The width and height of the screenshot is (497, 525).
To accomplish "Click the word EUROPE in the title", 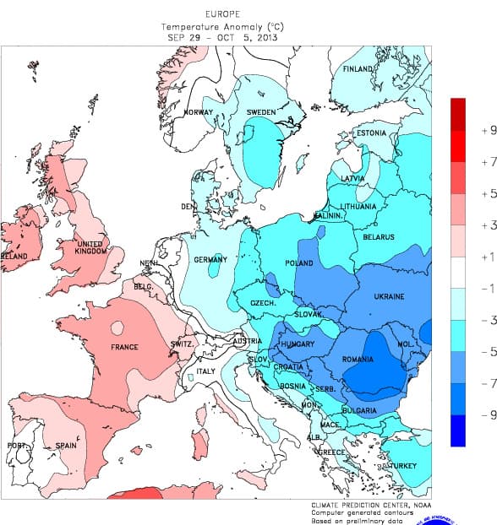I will (x=221, y=14).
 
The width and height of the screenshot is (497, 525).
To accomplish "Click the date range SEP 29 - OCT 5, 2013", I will (x=221, y=36).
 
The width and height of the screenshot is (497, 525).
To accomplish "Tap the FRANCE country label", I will (x=124, y=347).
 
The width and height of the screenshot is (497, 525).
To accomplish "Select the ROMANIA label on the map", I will (x=358, y=360).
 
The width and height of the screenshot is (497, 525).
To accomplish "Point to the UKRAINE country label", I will (x=389, y=296).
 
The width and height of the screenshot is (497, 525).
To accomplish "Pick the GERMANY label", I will (x=210, y=259).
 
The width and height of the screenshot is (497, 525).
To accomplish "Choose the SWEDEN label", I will (x=261, y=111).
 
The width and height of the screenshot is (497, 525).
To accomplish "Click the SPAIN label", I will (x=66, y=445).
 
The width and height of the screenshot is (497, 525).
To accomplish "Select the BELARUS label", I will (x=379, y=237).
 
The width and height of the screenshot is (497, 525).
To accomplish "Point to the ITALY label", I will (x=205, y=371).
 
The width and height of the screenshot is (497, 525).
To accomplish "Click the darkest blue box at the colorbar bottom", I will (x=458, y=430).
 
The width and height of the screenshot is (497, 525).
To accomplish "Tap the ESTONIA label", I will (x=370, y=133).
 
